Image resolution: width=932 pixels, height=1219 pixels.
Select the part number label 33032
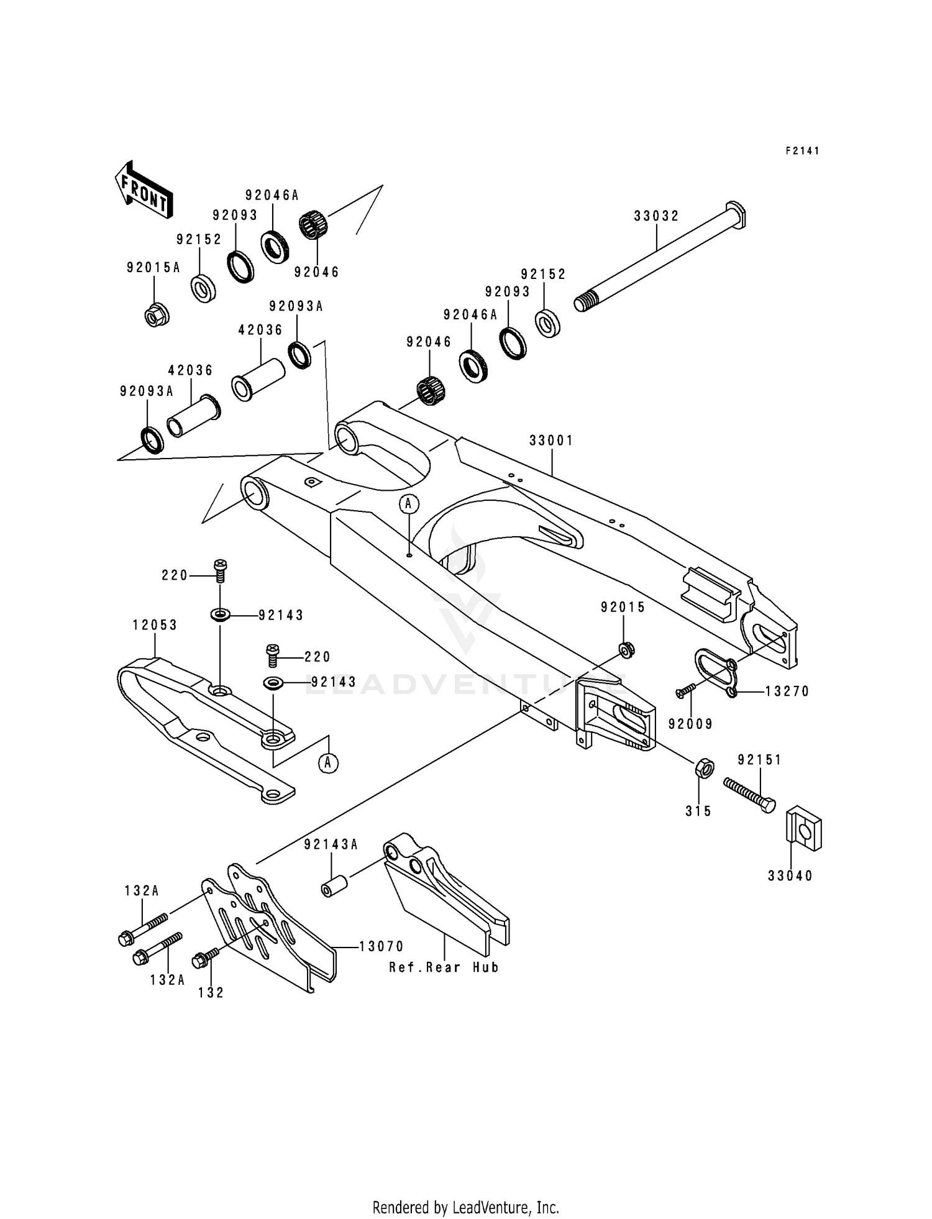(656, 216)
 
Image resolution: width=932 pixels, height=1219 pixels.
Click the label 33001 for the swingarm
(551, 441)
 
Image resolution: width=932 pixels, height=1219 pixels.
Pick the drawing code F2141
(802, 150)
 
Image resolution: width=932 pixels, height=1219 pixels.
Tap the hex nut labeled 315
(703, 768)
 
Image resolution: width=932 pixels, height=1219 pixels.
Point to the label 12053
(155, 625)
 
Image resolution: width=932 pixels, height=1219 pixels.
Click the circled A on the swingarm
(409, 504)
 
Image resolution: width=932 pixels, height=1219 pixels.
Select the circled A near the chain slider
(329, 762)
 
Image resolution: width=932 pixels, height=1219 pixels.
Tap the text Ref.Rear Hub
(444, 967)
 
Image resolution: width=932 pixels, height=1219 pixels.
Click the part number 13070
(381, 946)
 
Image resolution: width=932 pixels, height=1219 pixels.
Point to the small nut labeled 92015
(626, 650)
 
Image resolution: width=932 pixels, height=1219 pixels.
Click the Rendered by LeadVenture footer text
(465, 1207)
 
